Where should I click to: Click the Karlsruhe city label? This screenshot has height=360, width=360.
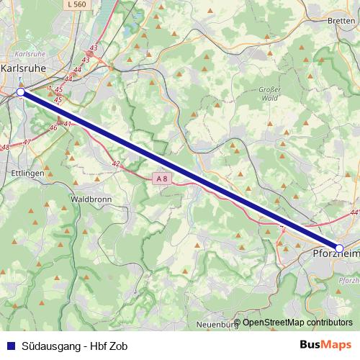24,68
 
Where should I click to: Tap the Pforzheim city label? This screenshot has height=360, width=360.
336,254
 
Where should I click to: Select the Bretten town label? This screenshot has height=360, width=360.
341,21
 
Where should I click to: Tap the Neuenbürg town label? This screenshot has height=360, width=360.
217,325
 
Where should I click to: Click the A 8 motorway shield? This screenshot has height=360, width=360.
163,178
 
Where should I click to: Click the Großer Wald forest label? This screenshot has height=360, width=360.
268,93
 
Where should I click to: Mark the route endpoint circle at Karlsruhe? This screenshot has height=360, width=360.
22,92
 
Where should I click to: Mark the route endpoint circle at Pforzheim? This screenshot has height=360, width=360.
340,248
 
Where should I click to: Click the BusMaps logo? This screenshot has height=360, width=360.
326,344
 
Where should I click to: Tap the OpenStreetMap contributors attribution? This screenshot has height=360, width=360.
297,322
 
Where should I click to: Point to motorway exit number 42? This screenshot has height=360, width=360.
115,164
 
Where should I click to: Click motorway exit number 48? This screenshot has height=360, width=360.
5,147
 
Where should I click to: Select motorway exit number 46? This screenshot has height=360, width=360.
53,127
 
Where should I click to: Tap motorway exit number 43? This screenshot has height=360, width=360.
93,48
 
